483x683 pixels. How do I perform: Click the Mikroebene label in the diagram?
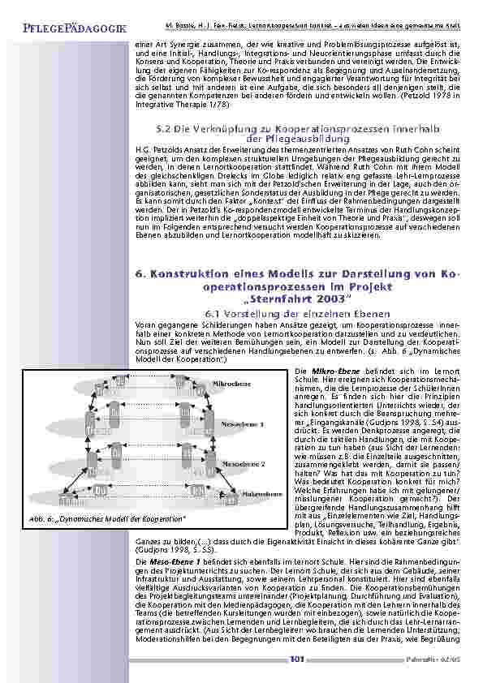coord(226,383)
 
